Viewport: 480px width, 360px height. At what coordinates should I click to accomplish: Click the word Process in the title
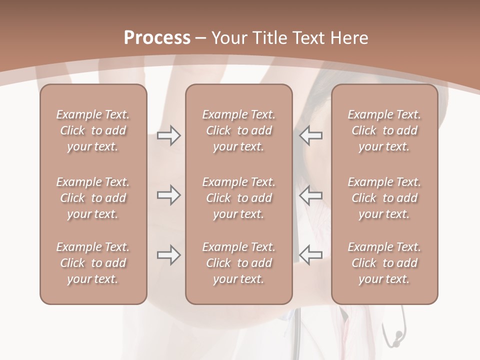[157, 38]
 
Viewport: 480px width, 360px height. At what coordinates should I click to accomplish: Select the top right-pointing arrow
[168, 135]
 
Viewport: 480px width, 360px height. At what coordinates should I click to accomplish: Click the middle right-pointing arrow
[168, 195]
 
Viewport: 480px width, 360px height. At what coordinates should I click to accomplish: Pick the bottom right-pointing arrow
[168, 255]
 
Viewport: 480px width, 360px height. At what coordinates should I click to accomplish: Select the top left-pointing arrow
[311, 135]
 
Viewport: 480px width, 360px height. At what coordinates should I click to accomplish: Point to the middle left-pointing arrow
[311, 195]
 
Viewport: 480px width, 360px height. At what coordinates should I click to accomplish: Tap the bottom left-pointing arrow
[311, 255]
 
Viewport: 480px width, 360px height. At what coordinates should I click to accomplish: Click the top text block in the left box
[93, 130]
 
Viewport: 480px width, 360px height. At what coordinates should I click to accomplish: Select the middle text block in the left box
[93, 198]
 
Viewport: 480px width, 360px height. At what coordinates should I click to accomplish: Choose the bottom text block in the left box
[93, 263]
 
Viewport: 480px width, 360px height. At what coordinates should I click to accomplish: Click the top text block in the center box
[239, 130]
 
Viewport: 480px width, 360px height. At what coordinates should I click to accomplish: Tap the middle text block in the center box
[239, 198]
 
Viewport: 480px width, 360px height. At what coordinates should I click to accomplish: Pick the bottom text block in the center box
[239, 263]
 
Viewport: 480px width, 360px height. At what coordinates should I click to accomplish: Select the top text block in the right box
[384, 130]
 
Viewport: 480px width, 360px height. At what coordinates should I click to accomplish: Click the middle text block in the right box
[384, 198]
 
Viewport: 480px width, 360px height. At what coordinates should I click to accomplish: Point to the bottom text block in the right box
[384, 263]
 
